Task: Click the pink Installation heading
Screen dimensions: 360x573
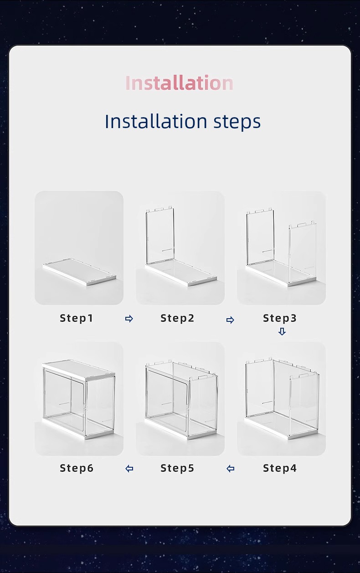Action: [179, 83]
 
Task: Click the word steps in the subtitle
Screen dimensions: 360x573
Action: [237, 122]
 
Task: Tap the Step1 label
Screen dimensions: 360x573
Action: [76, 318]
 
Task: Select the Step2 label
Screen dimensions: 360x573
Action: [177, 318]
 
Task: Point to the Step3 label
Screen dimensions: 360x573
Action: [280, 318]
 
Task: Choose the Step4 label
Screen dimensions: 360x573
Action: [280, 468]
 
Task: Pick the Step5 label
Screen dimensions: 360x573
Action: [177, 468]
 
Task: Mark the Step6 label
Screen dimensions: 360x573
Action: [76, 468]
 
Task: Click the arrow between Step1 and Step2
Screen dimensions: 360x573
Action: [129, 319]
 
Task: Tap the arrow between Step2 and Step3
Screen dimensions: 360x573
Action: [230, 320]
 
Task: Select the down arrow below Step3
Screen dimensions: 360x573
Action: [282, 331]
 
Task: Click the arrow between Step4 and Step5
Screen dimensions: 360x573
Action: [231, 469]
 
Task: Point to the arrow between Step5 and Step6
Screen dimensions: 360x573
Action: [129, 469]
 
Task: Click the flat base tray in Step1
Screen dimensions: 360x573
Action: [79, 272]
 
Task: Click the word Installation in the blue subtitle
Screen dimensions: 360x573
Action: [156, 121]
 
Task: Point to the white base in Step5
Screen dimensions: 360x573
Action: [181, 428]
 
